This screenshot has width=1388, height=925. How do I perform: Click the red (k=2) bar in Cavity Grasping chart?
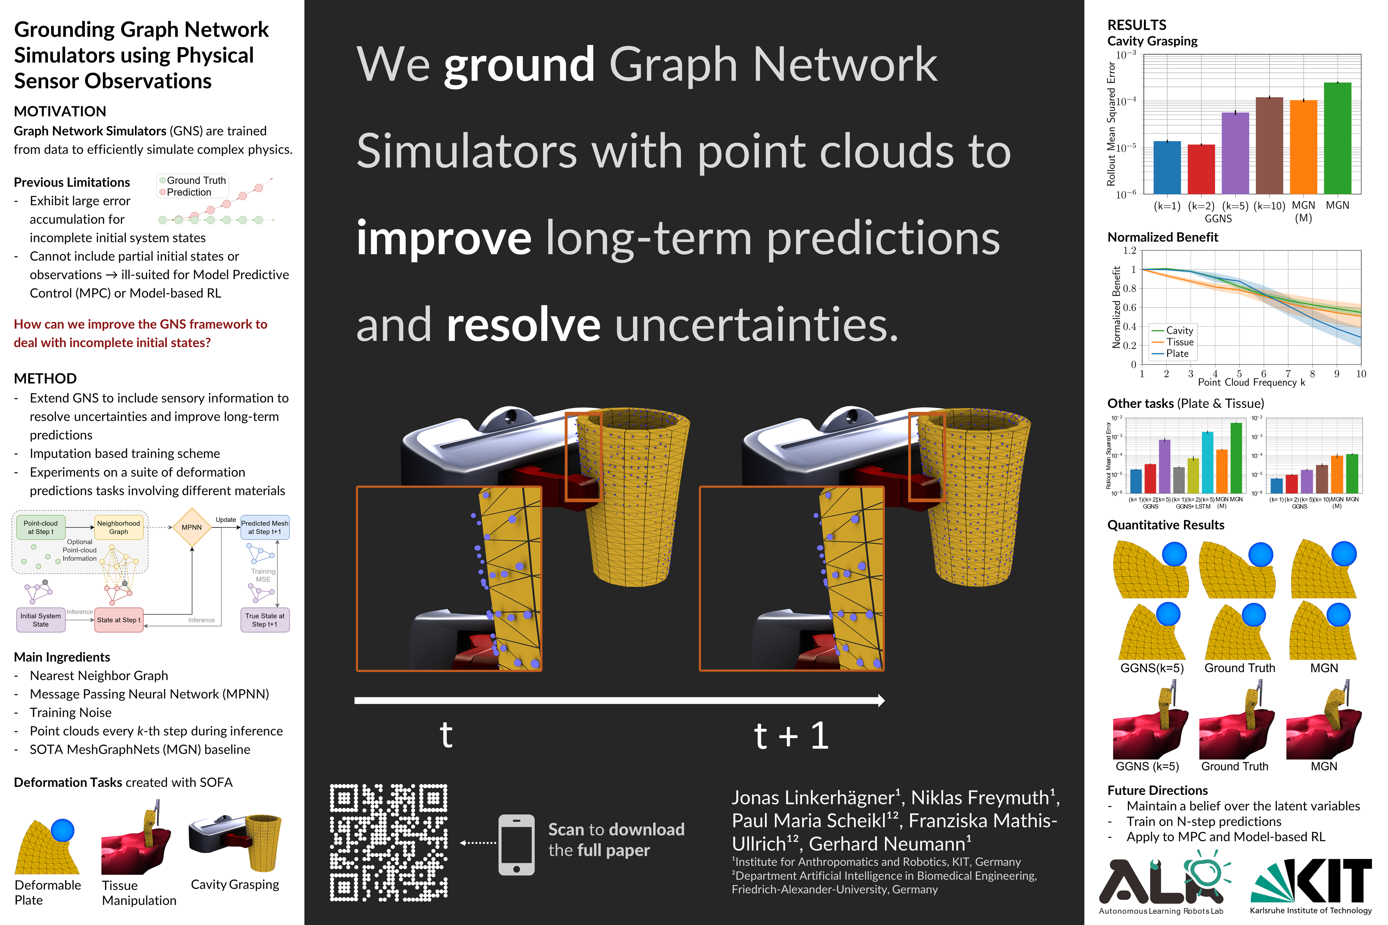coord(1201,169)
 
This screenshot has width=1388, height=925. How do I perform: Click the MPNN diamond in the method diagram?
coord(192,527)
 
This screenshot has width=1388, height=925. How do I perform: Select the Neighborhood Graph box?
coord(119,527)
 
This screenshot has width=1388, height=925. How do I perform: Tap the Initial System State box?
coord(41,620)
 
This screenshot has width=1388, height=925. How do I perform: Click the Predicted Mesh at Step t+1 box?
coord(265,527)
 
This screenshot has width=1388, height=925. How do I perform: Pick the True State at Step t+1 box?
coord(265,620)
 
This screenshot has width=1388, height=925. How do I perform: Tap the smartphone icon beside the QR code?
coord(516,845)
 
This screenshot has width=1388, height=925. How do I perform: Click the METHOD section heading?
coord(45,378)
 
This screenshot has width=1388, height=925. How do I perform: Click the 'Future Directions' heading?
coord(1157,790)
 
